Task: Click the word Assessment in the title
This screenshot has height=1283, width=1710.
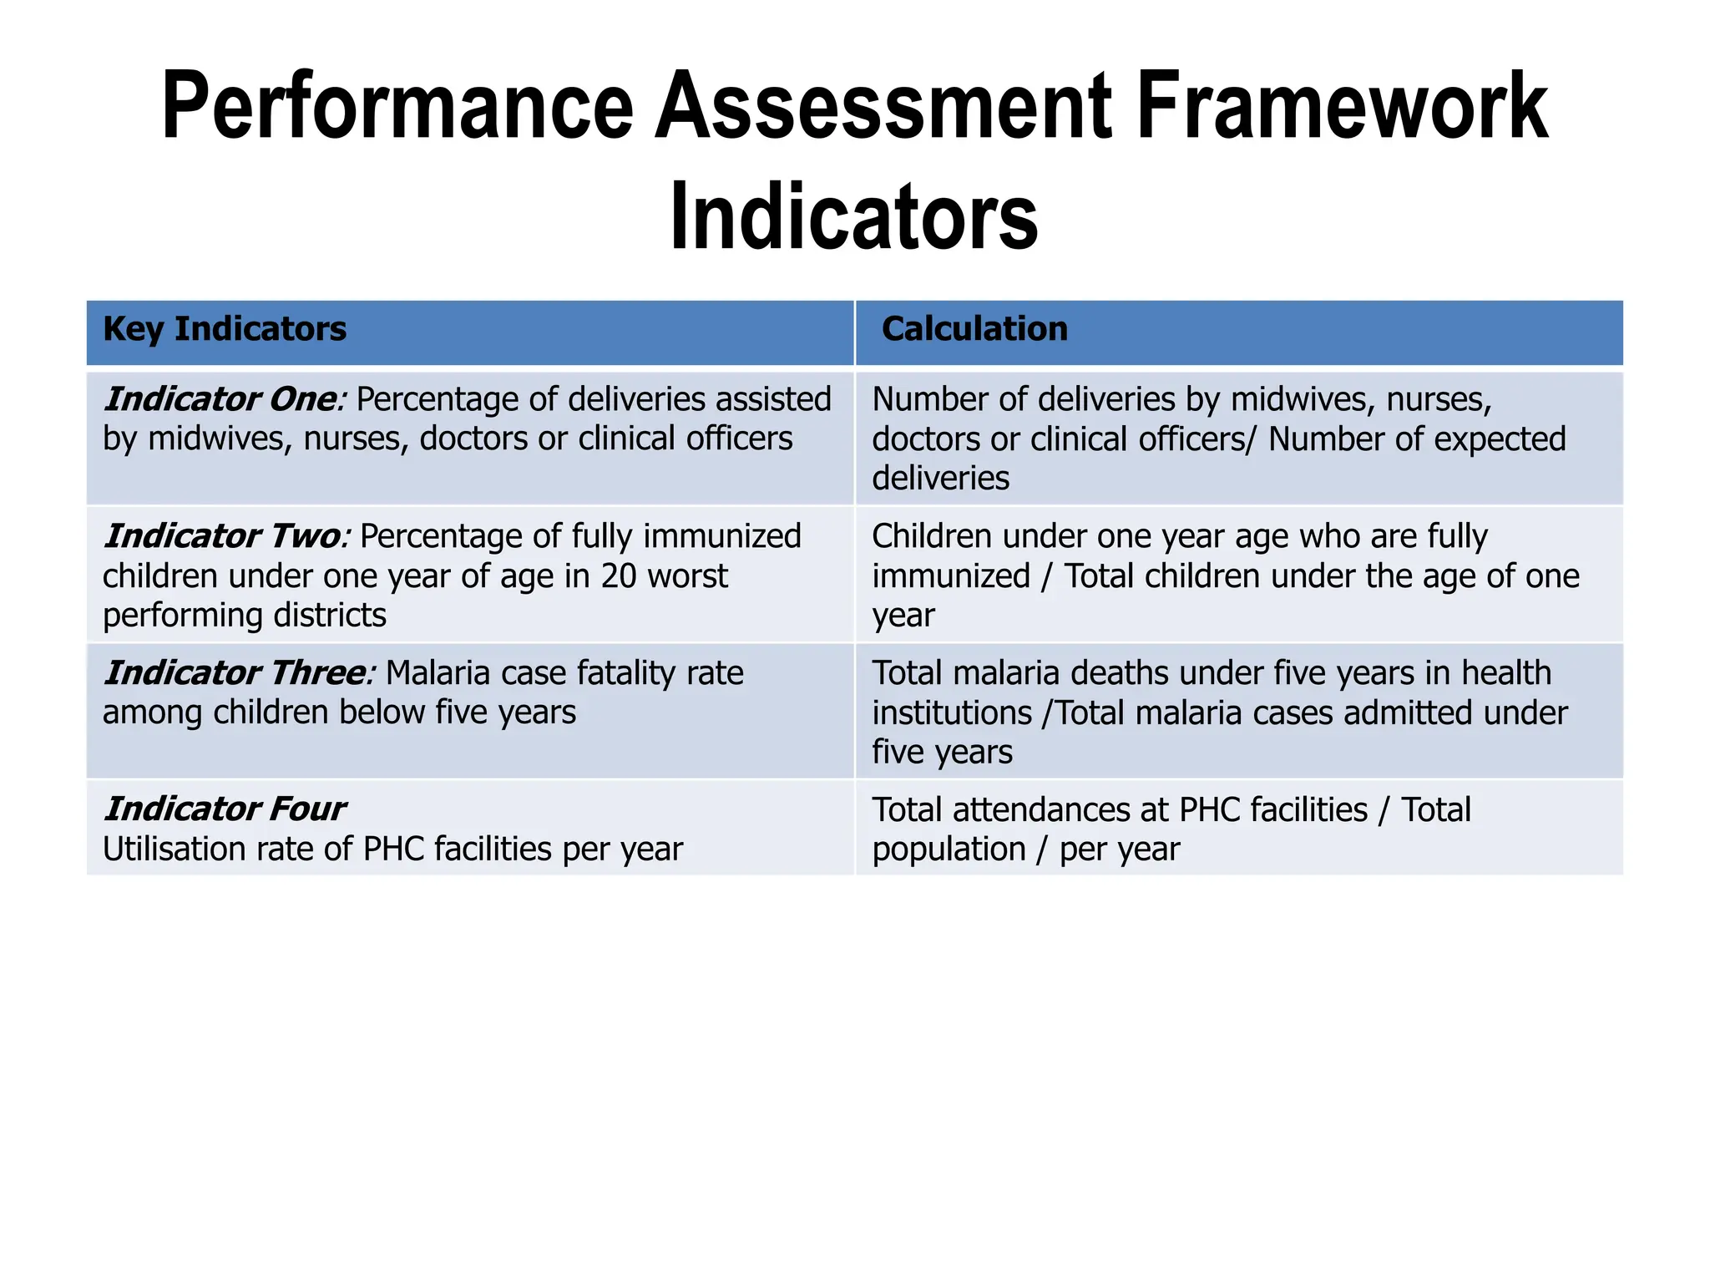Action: coord(883,106)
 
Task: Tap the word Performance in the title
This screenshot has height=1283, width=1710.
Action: coord(397,106)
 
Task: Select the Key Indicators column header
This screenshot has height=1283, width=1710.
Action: coord(224,329)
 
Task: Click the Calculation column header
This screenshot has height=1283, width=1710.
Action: coord(974,329)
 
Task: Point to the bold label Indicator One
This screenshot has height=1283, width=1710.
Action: coord(220,399)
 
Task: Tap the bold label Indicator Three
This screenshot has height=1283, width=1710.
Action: coord(236,673)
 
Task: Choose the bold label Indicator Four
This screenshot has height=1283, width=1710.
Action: coord(225,809)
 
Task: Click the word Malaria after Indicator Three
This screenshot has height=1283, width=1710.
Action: coord(442,673)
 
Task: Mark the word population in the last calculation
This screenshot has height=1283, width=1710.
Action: coord(949,849)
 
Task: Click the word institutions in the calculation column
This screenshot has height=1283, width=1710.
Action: coord(952,713)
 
